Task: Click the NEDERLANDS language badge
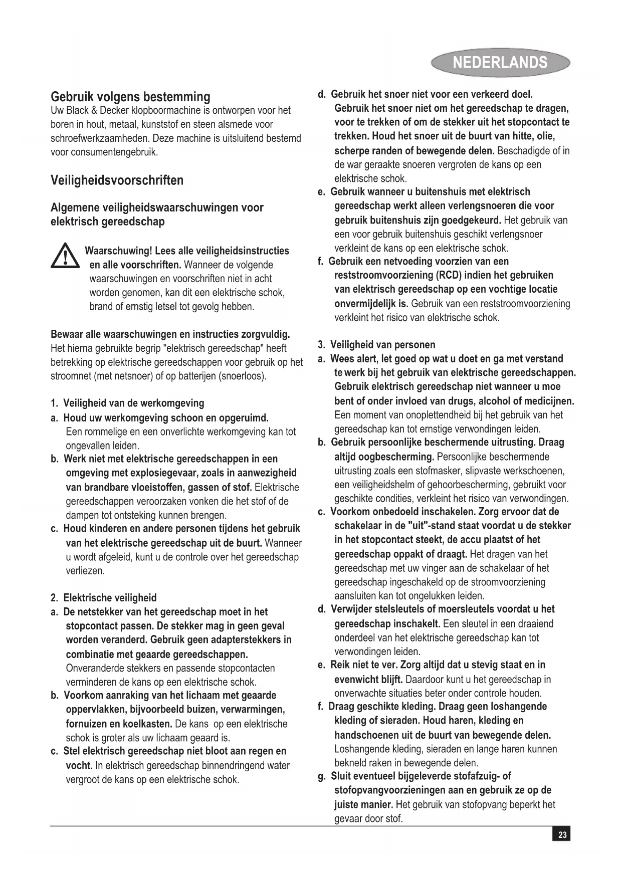[x=500, y=63]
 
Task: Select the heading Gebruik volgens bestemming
[x=130, y=96]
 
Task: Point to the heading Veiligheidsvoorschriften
[x=117, y=180]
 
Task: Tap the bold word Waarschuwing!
[x=119, y=251]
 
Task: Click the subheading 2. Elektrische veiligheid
[x=104, y=598]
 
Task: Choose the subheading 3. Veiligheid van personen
[x=376, y=345]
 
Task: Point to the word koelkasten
[x=148, y=724]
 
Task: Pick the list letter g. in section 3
[x=322, y=776]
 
